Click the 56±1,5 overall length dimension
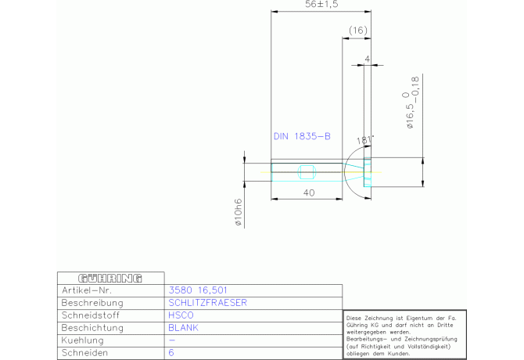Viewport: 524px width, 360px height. (x=321, y=4)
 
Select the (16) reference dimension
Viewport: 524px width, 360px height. (x=358, y=31)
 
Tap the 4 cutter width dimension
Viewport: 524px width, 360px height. (x=368, y=59)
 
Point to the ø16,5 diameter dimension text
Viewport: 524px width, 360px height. (x=411, y=102)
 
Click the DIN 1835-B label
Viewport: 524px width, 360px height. (x=302, y=136)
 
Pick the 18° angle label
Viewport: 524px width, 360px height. (x=364, y=140)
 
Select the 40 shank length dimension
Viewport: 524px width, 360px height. (x=309, y=193)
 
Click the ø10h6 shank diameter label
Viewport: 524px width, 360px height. (x=239, y=212)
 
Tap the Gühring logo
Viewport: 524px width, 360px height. (x=110, y=278)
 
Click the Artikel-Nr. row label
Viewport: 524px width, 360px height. (x=87, y=290)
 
